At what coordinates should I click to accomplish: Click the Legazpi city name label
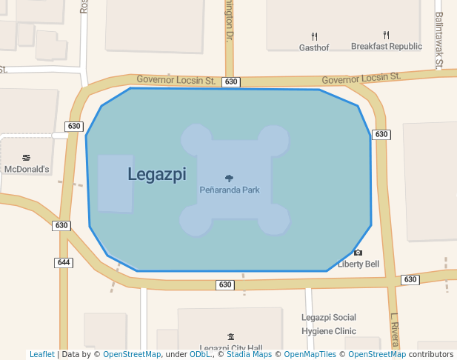[x=156, y=174]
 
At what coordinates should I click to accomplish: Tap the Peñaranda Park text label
[x=229, y=190]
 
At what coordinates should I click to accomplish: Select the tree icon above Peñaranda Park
[x=229, y=178]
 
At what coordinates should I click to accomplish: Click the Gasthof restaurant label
[x=314, y=47]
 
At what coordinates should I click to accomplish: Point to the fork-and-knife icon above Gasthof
[x=314, y=36]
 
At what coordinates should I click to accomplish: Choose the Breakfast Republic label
[x=386, y=46]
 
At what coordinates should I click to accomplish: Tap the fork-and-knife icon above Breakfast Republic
[x=386, y=35]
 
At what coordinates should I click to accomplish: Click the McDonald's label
[x=27, y=169]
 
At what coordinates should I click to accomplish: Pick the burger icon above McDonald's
[x=27, y=158]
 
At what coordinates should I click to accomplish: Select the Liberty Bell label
[x=358, y=264]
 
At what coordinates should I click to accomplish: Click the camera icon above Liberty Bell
[x=358, y=253]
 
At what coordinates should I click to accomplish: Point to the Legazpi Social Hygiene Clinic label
[x=329, y=324]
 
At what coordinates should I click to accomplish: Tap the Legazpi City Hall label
[x=231, y=348]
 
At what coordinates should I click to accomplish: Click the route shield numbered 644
[x=64, y=262]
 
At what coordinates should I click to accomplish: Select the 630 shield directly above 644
[x=61, y=225]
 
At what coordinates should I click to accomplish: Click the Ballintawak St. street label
[x=438, y=41]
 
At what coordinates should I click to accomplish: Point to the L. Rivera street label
[x=395, y=330]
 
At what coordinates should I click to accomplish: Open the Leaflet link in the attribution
[x=42, y=354]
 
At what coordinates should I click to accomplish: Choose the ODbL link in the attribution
[x=200, y=354]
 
